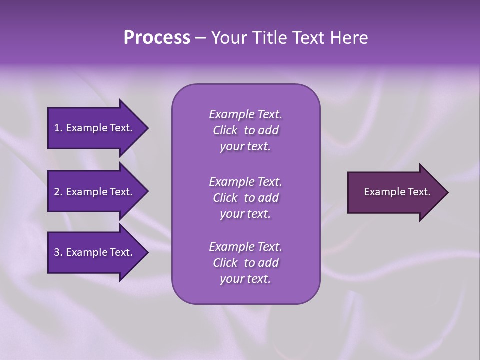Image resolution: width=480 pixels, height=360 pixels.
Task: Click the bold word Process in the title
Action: (157, 38)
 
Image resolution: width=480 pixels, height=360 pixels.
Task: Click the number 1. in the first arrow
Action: (58, 128)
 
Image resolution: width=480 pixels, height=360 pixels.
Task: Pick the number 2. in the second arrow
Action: (58, 192)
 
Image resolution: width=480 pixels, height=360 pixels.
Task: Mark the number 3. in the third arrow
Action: (58, 252)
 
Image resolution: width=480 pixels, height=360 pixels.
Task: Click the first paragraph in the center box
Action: (245, 130)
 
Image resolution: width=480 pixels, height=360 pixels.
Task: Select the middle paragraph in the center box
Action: (245, 198)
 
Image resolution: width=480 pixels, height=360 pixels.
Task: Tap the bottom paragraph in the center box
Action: (245, 263)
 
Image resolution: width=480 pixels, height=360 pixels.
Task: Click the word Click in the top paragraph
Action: (225, 130)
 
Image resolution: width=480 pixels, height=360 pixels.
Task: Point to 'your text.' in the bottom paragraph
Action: (245, 279)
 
